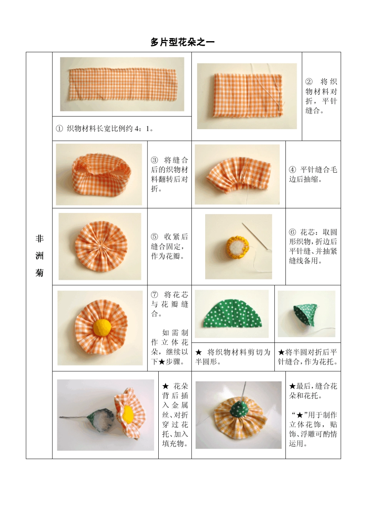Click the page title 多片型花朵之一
click(x=182, y=42)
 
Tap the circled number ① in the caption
click(x=59, y=129)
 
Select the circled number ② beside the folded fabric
click(x=309, y=82)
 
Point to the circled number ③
click(x=154, y=160)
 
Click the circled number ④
click(x=292, y=170)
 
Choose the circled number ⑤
click(x=154, y=237)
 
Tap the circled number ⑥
click(x=292, y=232)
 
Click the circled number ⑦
click(x=154, y=295)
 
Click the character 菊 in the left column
click(x=40, y=273)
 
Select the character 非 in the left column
click(x=40, y=239)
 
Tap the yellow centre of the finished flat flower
click(x=102, y=327)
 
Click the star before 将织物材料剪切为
click(x=199, y=352)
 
